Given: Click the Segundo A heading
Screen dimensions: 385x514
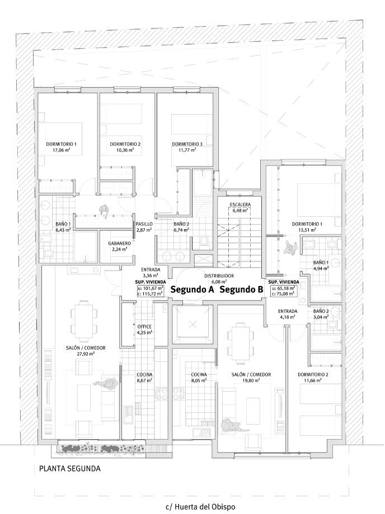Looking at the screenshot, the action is click(x=192, y=290).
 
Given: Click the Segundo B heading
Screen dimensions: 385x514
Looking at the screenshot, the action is click(x=242, y=290).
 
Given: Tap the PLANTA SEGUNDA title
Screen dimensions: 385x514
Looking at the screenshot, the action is click(x=69, y=468).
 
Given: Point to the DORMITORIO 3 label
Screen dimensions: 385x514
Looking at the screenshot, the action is click(x=187, y=144).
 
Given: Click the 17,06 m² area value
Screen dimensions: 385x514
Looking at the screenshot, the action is click(x=62, y=150).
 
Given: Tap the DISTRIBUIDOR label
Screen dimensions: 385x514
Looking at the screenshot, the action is click(x=219, y=276).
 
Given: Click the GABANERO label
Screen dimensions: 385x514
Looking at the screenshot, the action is click(x=119, y=244).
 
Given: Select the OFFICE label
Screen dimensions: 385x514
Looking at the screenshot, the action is click(x=144, y=326).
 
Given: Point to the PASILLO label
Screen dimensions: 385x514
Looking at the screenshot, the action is click(x=144, y=224).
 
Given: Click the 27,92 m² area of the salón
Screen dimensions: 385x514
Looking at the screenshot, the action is click(x=87, y=354).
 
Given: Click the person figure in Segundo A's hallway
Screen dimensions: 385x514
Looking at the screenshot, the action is click(x=104, y=211).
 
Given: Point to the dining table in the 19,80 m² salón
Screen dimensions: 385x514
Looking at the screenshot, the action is click(x=241, y=342).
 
